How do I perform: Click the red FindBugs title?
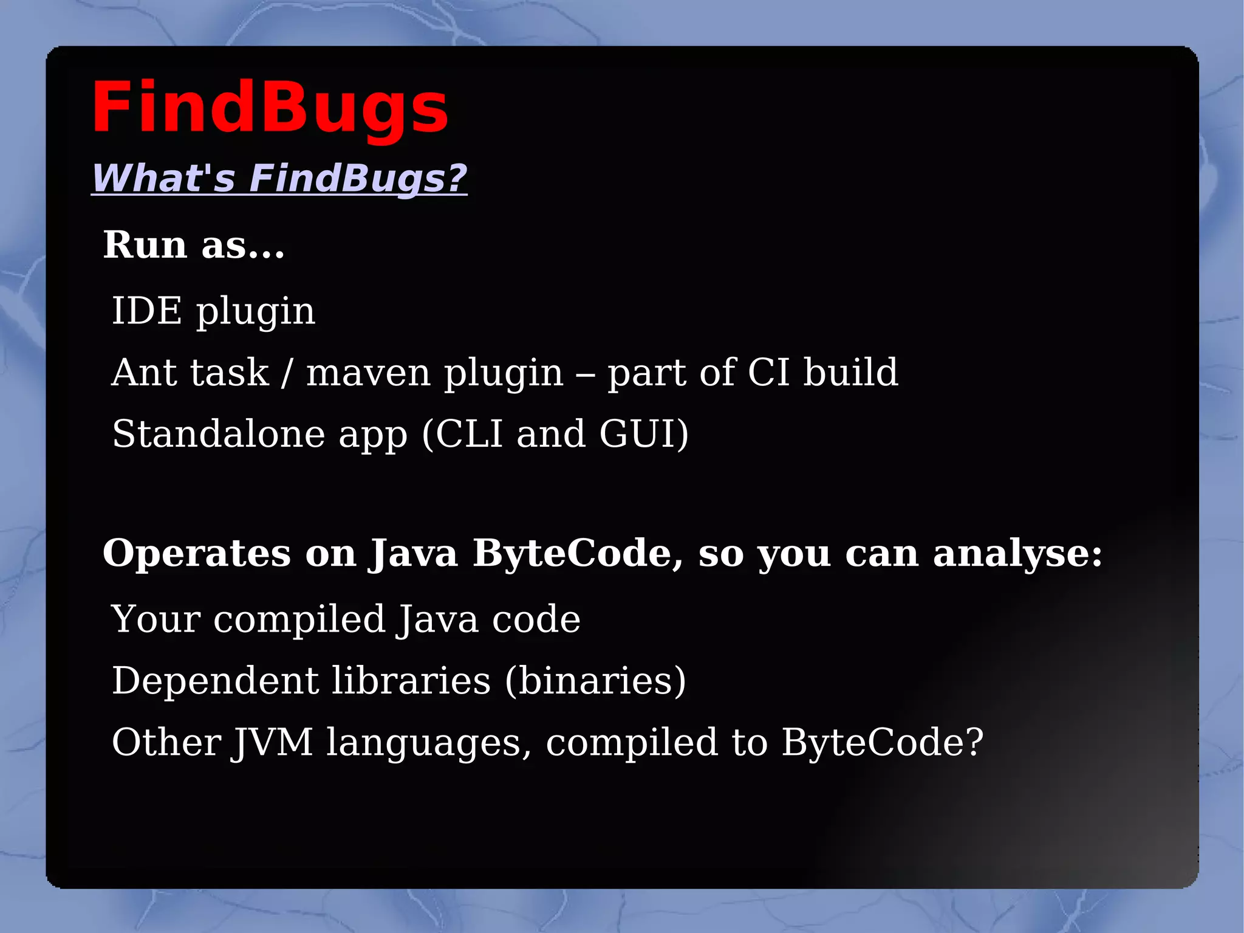(x=270, y=108)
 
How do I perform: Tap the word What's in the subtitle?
(x=163, y=178)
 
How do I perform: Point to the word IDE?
(x=146, y=311)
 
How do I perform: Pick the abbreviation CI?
(x=768, y=372)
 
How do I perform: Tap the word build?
(x=850, y=372)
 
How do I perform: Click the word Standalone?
(x=219, y=434)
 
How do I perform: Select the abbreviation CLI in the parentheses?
(x=469, y=434)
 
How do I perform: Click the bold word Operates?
(x=197, y=554)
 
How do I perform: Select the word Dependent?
(x=215, y=680)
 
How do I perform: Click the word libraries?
(x=411, y=680)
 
